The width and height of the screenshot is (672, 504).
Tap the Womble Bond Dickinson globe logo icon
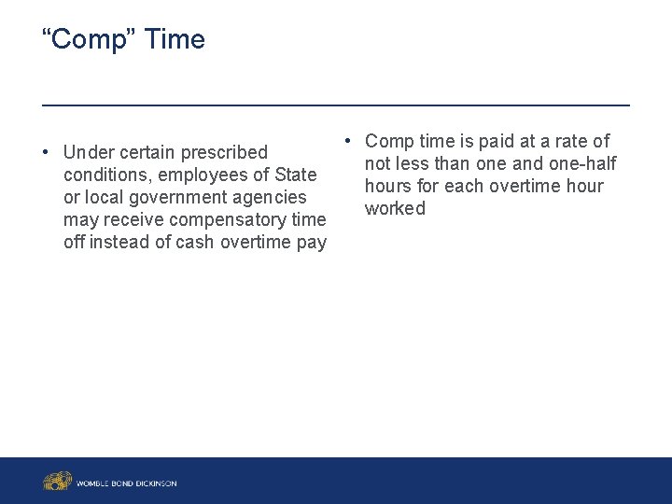pos(57,482)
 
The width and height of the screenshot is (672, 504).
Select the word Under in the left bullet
pos(87,152)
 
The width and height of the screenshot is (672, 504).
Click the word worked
pos(395,208)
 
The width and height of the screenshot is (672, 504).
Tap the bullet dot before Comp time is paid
pos(347,141)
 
